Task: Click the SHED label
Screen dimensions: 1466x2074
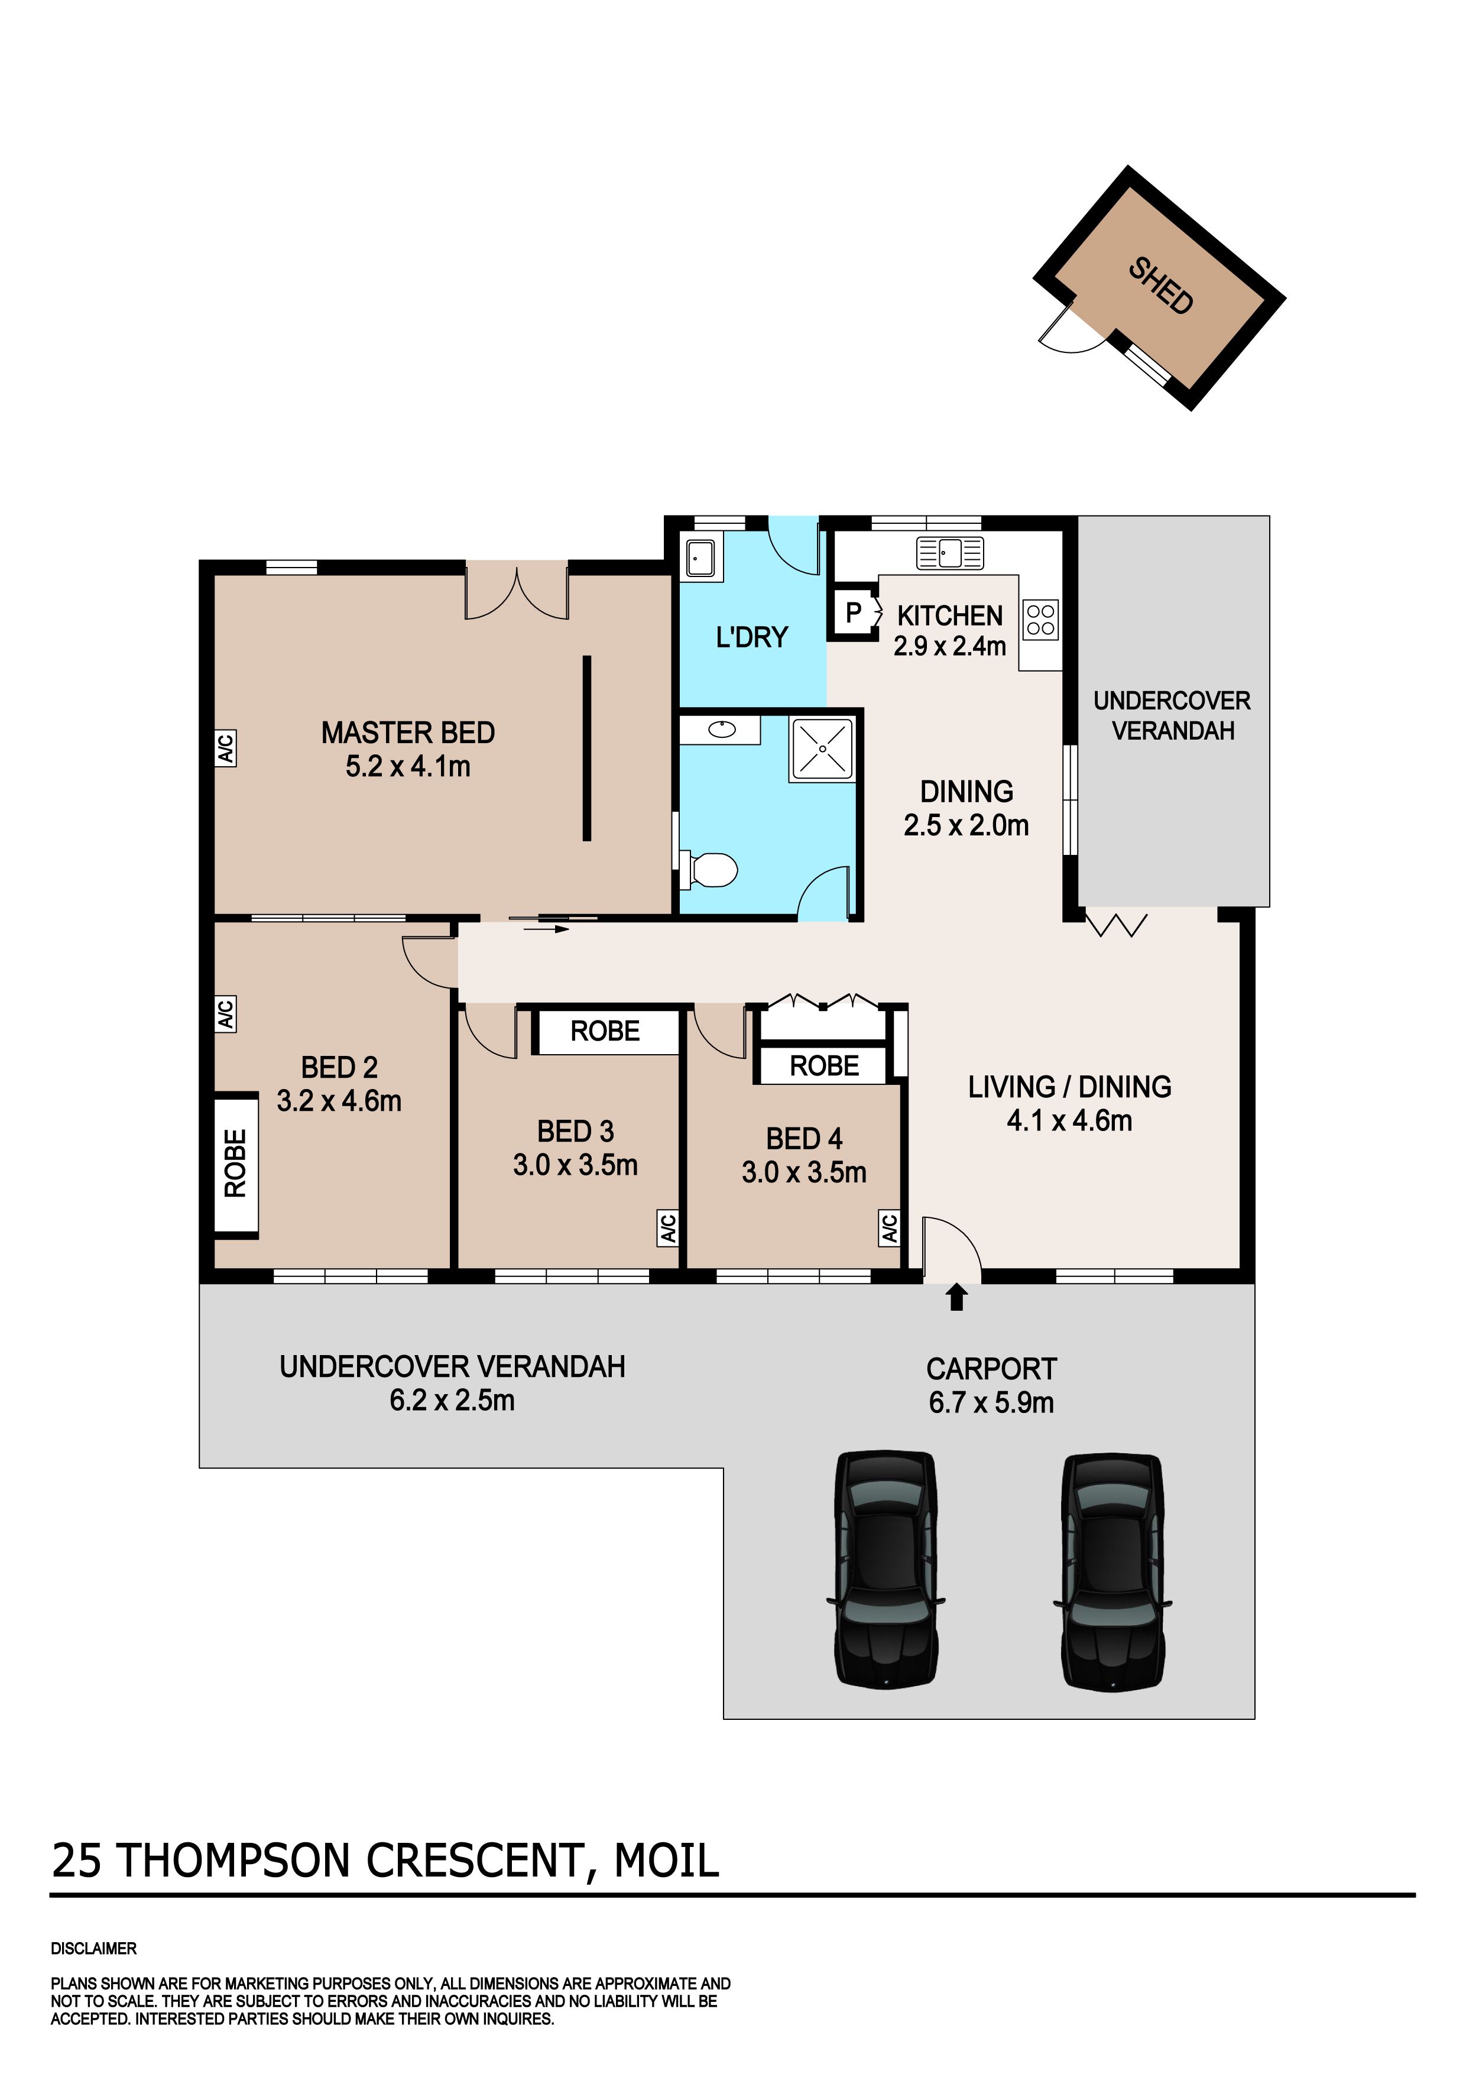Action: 1161,286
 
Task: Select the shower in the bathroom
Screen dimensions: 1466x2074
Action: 822,749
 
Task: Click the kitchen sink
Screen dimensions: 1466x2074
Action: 950,552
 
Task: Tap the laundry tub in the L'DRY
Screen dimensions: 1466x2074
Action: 701,558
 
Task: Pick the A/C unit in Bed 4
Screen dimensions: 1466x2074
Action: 889,1229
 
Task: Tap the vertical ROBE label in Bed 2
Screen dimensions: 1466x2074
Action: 235,1164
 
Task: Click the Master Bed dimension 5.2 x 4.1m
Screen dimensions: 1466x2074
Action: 407,767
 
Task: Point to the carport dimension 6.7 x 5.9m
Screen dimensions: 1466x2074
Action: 991,1403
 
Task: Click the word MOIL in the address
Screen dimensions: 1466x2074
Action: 667,1860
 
